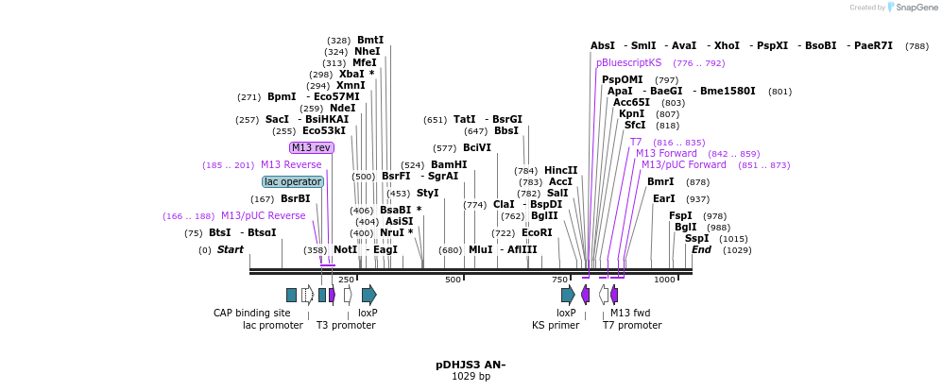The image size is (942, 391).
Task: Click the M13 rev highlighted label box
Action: (x=311, y=147)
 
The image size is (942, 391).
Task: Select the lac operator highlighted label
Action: (x=293, y=181)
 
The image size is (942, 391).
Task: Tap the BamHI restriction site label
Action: (x=449, y=164)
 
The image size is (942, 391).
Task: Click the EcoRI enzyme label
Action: (x=537, y=232)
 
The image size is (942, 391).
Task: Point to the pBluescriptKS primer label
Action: (x=628, y=62)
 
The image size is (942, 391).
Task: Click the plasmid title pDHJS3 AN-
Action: (x=471, y=365)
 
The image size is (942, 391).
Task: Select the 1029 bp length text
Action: (x=471, y=377)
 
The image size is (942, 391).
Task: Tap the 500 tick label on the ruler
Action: (x=454, y=280)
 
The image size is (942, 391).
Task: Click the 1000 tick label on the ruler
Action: (x=664, y=280)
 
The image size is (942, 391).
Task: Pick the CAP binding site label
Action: (x=251, y=313)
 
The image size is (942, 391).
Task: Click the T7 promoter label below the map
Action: (x=632, y=325)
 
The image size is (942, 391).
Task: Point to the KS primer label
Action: (x=556, y=325)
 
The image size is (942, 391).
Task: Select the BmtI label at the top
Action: (x=370, y=40)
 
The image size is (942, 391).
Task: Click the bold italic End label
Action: (x=701, y=249)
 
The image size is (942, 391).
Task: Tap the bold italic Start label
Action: (x=231, y=249)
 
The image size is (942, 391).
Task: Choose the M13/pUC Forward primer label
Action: (x=684, y=164)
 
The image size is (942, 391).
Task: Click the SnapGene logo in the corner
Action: (x=910, y=8)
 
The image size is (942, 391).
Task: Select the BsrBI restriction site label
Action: (x=295, y=198)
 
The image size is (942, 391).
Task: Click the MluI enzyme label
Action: (x=481, y=249)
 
